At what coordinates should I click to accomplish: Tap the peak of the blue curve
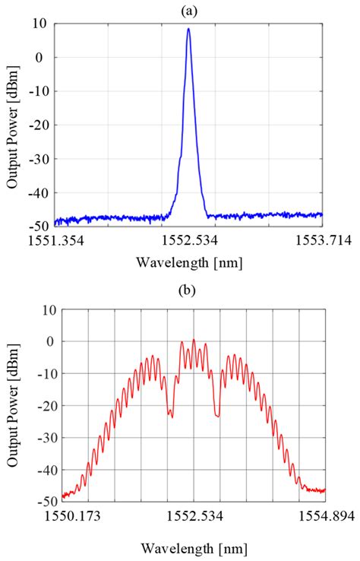coord(188,30)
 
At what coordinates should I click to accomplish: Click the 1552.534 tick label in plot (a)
coord(190,240)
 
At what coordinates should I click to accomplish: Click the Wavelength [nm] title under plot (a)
coord(188,263)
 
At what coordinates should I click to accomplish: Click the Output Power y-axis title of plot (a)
coord(13,125)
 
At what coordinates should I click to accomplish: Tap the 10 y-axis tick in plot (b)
coord(49,309)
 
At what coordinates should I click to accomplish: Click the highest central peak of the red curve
coord(194,340)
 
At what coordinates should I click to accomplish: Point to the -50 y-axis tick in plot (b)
coord(46,501)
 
